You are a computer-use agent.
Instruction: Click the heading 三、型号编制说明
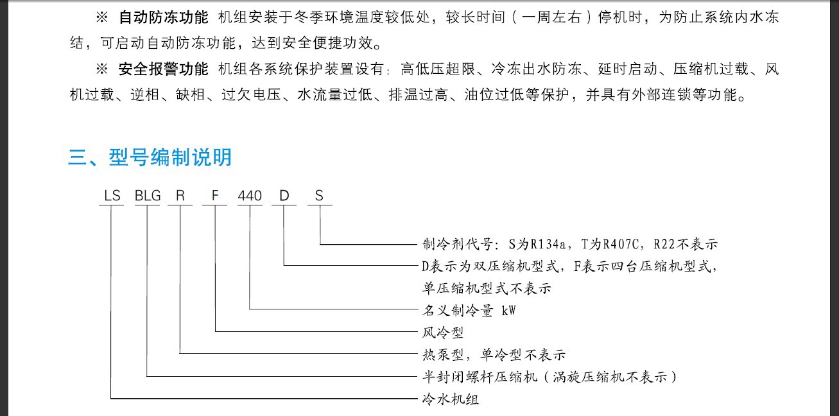pyautogui.click(x=150, y=157)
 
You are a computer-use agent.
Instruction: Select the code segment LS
pyautogui.click(x=112, y=195)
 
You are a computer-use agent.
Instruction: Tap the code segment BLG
pyautogui.click(x=148, y=195)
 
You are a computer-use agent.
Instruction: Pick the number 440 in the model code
pyautogui.click(x=250, y=195)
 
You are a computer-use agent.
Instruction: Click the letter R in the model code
pyautogui.click(x=180, y=195)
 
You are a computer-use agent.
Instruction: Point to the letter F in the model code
pyautogui.click(x=214, y=195)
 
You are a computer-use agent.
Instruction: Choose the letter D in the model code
pyautogui.click(x=284, y=195)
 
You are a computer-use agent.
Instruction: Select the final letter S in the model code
pyautogui.click(x=319, y=195)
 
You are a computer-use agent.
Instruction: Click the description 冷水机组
pyautogui.click(x=450, y=399)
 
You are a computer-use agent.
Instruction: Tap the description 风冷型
pyautogui.click(x=443, y=333)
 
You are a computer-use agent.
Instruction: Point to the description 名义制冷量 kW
pyautogui.click(x=469, y=311)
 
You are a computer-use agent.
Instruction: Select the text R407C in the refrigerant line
pyautogui.click(x=621, y=245)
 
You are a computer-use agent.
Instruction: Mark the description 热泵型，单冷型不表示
pyautogui.click(x=494, y=354)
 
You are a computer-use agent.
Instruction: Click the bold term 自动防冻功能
pyautogui.click(x=163, y=17)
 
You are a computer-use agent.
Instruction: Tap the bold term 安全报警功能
pyautogui.click(x=163, y=69)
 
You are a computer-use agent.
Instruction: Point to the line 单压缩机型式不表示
pyautogui.click(x=487, y=288)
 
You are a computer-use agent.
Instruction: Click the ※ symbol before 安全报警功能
pyautogui.click(x=102, y=69)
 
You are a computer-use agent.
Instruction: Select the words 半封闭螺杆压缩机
pyautogui.click(x=480, y=377)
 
